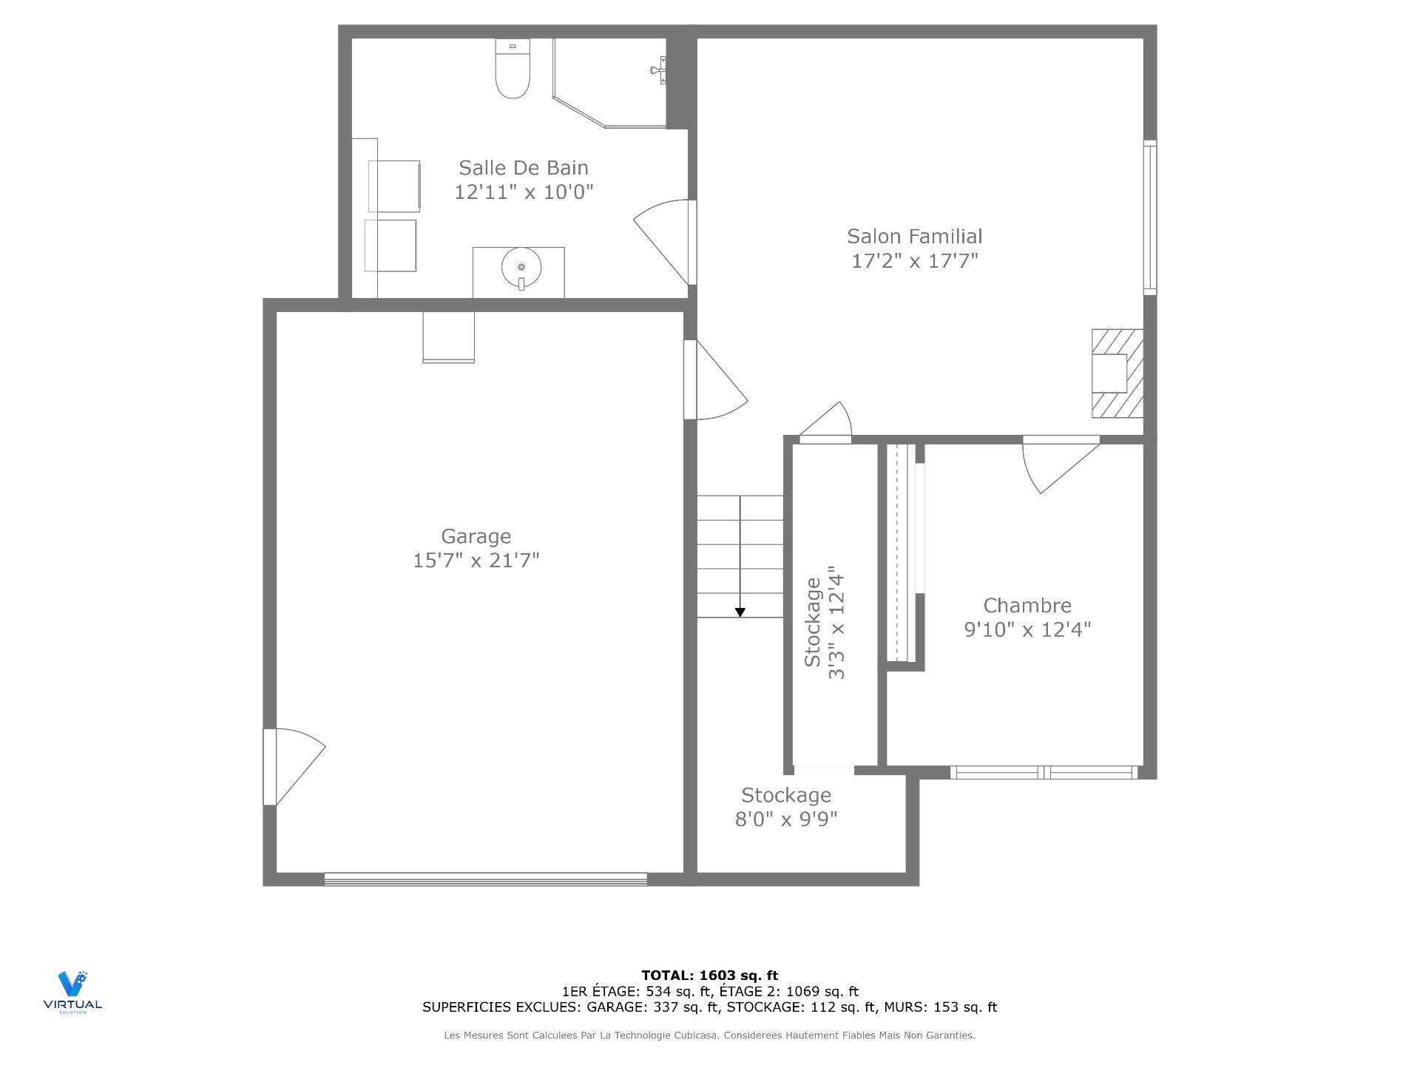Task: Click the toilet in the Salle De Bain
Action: pyautogui.click(x=513, y=70)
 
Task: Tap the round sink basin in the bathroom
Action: pyautogui.click(x=521, y=267)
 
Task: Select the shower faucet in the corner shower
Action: pyautogui.click(x=657, y=70)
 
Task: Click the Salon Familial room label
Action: pyautogui.click(x=914, y=237)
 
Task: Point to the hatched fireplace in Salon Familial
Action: pyautogui.click(x=1118, y=373)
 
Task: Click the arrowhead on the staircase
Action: pyautogui.click(x=740, y=612)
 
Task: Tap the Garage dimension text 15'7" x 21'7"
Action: pyautogui.click(x=476, y=561)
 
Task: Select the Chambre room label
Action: pyautogui.click(x=1027, y=606)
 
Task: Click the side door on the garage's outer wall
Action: pyautogui.click(x=292, y=767)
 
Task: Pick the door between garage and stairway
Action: pyautogui.click(x=714, y=381)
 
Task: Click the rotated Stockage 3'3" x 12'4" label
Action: pyautogui.click(x=825, y=623)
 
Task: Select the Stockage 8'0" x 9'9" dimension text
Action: pyautogui.click(x=785, y=819)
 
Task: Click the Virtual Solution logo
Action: pyautogui.click(x=72, y=991)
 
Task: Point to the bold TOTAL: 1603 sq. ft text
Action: pyautogui.click(x=709, y=976)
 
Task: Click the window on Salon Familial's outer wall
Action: pyautogui.click(x=1150, y=217)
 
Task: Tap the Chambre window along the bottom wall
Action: pyautogui.click(x=1044, y=773)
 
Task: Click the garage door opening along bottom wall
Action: pyautogui.click(x=485, y=879)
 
